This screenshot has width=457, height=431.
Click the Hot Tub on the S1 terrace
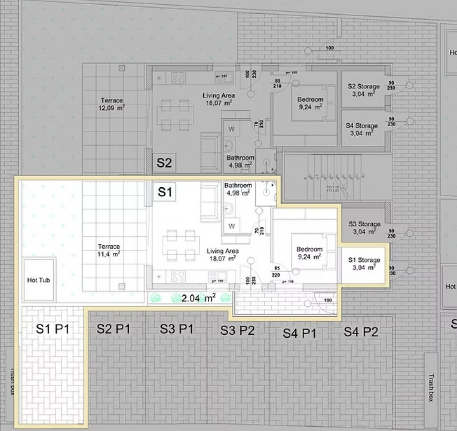[39, 280]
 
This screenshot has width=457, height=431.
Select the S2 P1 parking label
[113, 329]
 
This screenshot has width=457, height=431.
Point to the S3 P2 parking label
[237, 331]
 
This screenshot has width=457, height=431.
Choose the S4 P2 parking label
[361, 332]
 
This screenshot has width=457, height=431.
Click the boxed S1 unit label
[164, 192]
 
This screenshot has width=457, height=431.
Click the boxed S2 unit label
[164, 163]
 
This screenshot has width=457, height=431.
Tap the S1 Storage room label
[364, 264]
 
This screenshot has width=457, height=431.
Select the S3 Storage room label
[364, 228]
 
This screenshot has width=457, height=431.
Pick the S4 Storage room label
[362, 130]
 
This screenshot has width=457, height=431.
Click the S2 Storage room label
[364, 90]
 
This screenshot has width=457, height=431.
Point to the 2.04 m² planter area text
[199, 298]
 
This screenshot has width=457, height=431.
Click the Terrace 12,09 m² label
[111, 104]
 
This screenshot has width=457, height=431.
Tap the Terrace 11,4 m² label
[109, 250]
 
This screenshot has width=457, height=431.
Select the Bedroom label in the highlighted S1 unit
[309, 253]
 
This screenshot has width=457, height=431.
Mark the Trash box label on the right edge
[430, 387]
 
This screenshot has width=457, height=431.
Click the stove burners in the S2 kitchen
[178, 77]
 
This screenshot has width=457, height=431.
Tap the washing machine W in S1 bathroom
[232, 225]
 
